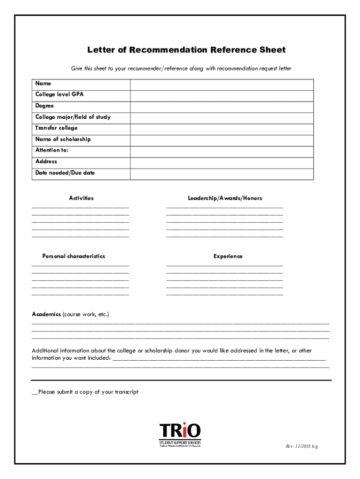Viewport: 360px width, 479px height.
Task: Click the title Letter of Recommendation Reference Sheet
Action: (x=186, y=50)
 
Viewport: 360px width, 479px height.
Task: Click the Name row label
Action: (x=43, y=83)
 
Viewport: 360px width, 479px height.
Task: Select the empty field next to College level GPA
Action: (x=222, y=95)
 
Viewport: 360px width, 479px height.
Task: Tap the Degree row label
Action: (x=44, y=106)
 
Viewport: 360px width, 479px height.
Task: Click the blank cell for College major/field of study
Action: (x=222, y=118)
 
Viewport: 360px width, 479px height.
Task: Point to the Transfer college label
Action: (x=57, y=128)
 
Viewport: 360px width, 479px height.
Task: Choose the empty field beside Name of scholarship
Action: (x=222, y=140)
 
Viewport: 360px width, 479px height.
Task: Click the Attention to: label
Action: (x=52, y=150)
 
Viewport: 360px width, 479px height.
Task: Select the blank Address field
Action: (x=222, y=163)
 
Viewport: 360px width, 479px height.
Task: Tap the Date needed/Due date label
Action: (x=65, y=173)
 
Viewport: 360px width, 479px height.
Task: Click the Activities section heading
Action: (x=81, y=198)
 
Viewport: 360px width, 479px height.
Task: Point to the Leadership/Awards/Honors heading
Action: (x=225, y=198)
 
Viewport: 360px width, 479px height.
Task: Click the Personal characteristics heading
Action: (x=74, y=256)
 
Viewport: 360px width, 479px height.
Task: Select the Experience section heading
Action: (x=228, y=256)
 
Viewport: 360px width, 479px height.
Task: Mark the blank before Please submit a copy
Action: (x=35, y=392)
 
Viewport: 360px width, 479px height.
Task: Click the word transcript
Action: (x=126, y=392)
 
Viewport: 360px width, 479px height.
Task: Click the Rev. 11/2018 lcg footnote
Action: (x=302, y=446)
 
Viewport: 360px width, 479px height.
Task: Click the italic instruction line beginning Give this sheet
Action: (x=181, y=69)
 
